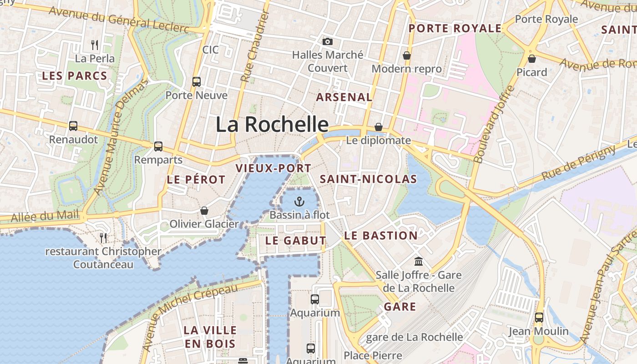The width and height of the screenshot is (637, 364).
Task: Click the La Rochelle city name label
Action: point(272,124)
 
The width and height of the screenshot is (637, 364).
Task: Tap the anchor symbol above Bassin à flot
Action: point(299,202)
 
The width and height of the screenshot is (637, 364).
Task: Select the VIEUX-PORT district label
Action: point(273,168)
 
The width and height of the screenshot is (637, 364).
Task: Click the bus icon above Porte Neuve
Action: point(197,82)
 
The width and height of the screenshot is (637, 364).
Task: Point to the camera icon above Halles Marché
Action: point(327,42)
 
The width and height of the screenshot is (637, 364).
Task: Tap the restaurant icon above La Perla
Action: point(95,45)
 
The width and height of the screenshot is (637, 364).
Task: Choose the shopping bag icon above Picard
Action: point(531,59)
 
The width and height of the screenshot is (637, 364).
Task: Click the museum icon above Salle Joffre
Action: point(418,262)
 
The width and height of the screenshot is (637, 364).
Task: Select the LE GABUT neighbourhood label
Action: point(296,241)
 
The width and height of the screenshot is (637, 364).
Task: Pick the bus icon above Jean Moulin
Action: point(539,318)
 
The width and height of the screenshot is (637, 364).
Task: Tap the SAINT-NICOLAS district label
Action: point(368,179)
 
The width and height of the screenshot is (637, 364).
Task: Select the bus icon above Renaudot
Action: point(73,126)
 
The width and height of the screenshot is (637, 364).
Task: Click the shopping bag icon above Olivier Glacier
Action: point(204,211)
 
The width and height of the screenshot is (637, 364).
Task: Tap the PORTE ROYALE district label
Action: point(455,28)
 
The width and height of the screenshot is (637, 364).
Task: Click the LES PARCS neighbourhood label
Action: point(75,76)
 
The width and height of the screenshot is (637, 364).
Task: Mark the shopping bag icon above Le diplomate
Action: point(379,127)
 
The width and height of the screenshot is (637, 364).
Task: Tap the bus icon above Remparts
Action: point(158,147)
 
